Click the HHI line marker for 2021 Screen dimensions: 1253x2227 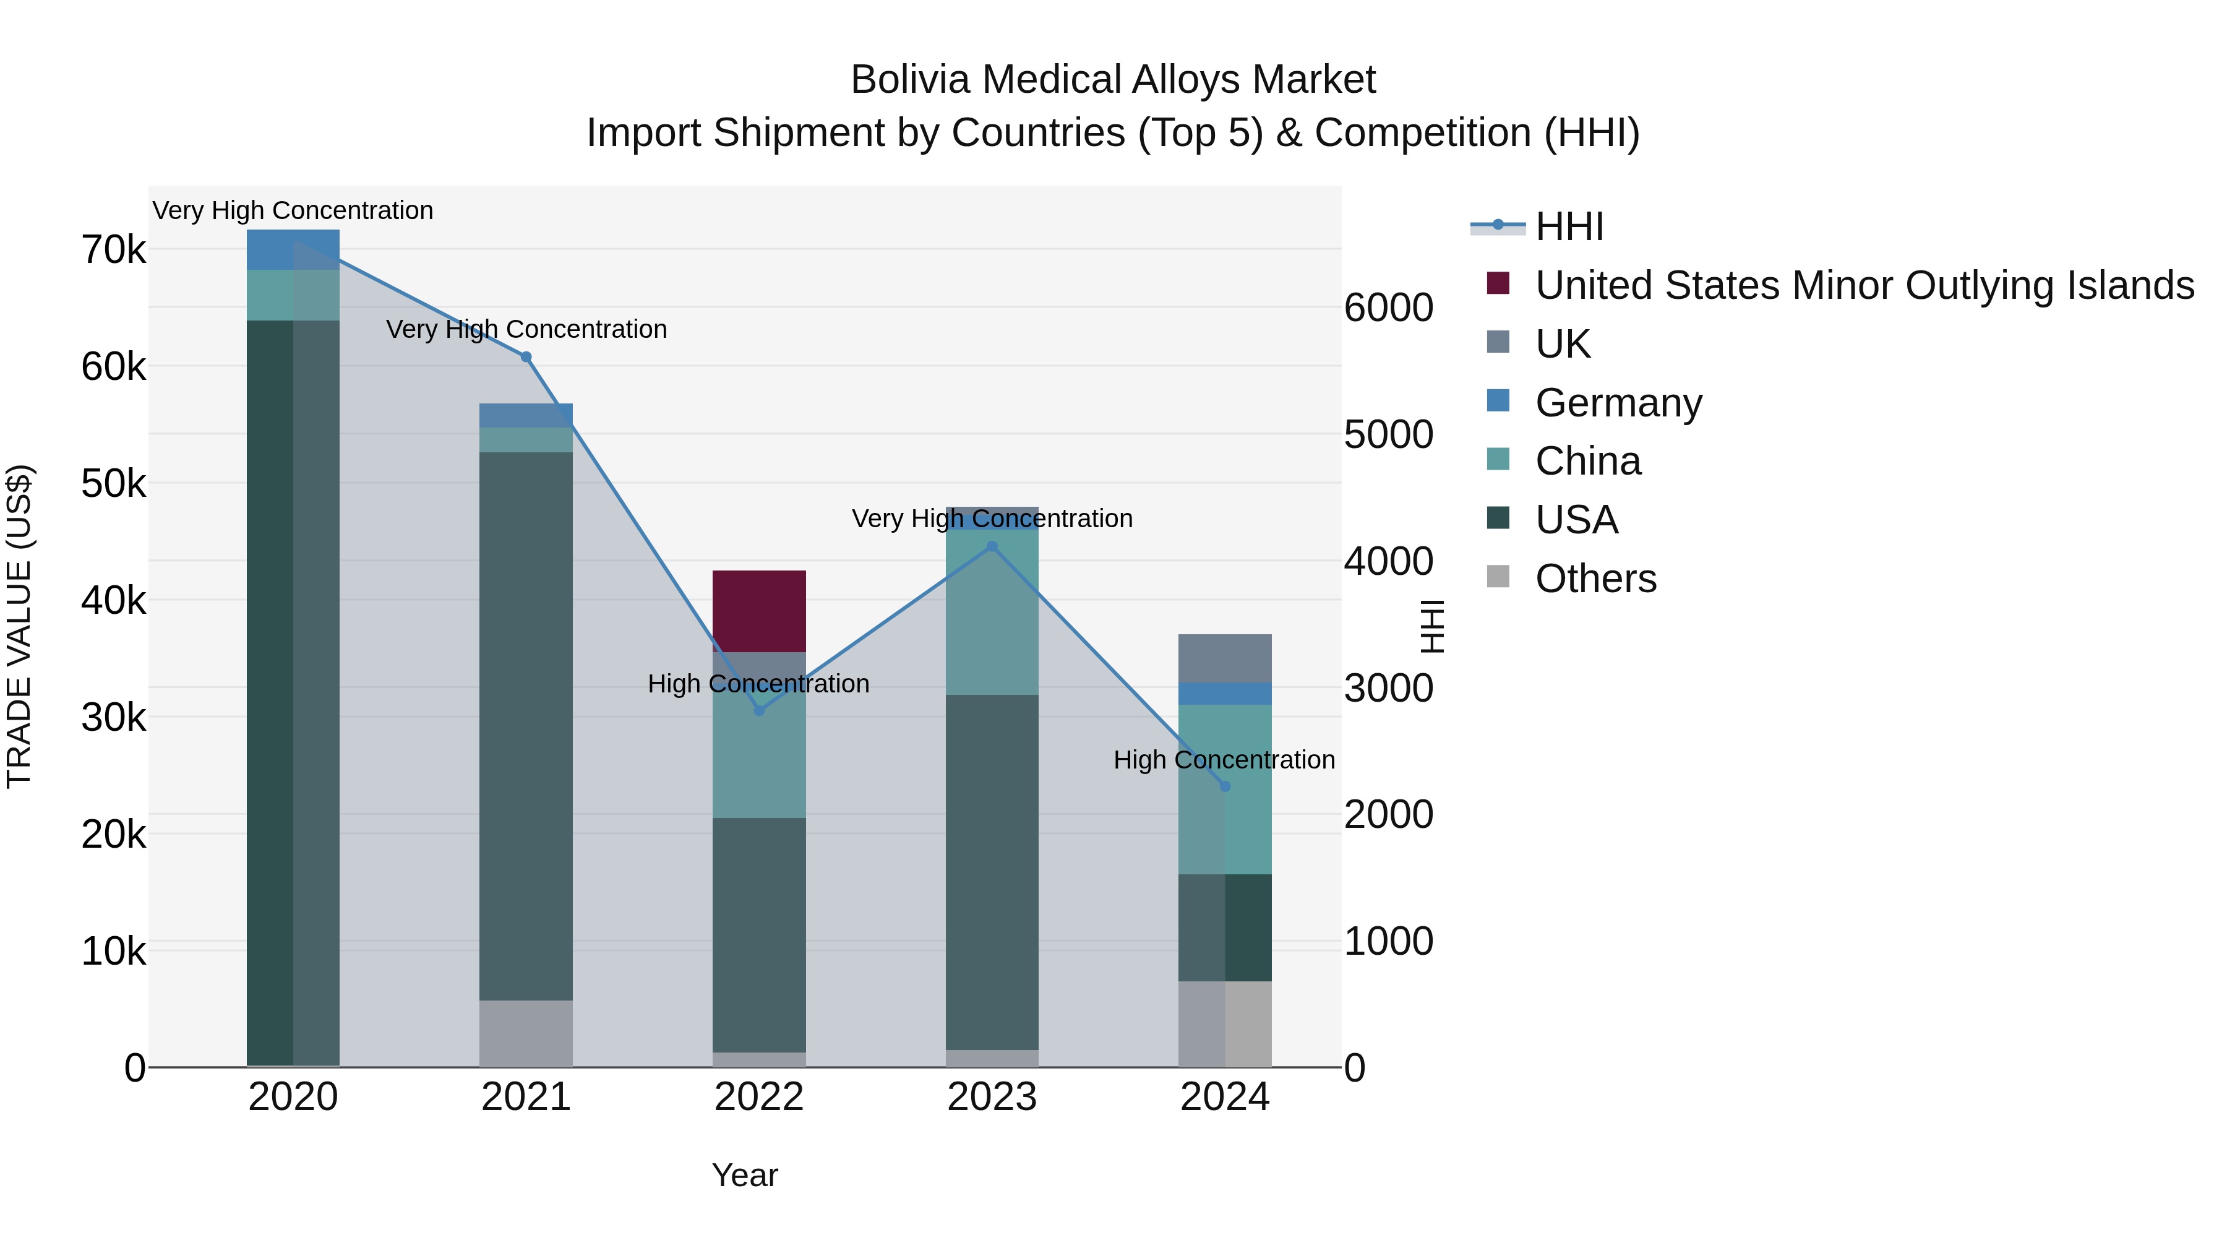(x=526, y=357)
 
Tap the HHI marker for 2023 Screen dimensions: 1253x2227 (x=992, y=546)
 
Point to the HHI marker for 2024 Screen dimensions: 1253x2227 (x=1225, y=786)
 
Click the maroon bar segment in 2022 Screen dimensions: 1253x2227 (x=759, y=611)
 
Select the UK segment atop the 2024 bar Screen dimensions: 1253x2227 (x=1225, y=658)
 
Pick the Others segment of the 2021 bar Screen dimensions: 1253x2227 (x=526, y=1033)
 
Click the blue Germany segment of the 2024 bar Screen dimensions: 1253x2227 (x=1225, y=694)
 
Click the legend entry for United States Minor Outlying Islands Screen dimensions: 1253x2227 (x=1864, y=285)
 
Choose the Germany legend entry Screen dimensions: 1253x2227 (x=1618, y=403)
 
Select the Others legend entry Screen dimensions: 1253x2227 (x=1595, y=579)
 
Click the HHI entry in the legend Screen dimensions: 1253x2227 (x=1569, y=226)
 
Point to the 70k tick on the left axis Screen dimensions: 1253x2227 (x=113, y=251)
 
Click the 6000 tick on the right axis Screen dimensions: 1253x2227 (x=1388, y=308)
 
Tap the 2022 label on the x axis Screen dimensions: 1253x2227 (x=759, y=1097)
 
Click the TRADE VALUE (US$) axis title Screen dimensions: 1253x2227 (x=19, y=626)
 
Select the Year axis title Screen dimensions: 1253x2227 (x=744, y=1175)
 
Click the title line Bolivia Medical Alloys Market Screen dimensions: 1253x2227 (x=1113, y=80)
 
